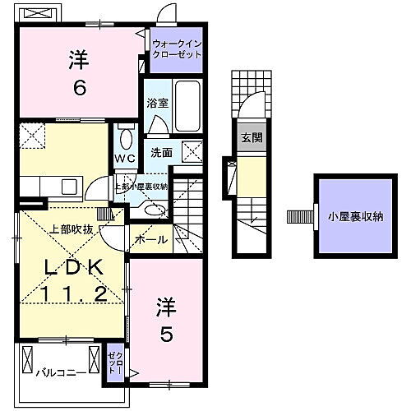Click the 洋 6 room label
(79, 72)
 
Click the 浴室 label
(157, 104)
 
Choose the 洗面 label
(160, 152)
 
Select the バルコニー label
(61, 372)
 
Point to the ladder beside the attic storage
(296, 218)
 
